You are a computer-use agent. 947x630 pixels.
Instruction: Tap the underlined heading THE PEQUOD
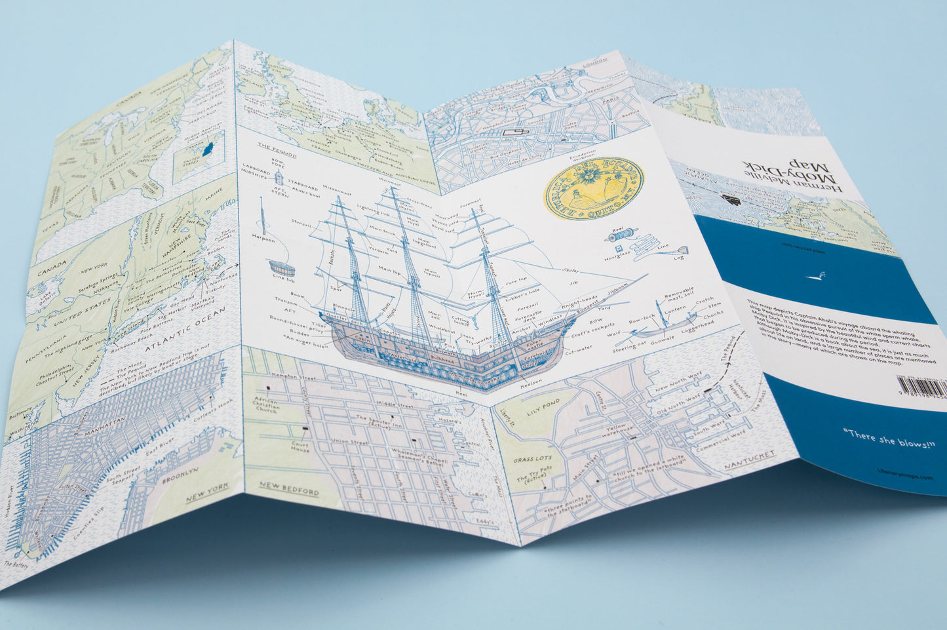(x=277, y=149)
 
